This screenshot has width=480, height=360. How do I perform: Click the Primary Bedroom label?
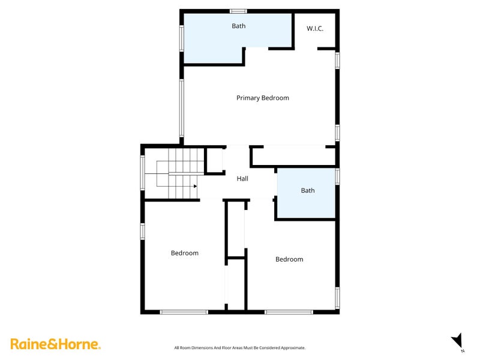click(262, 98)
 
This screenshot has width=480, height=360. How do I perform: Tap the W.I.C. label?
click(315, 28)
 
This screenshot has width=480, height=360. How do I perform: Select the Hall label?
click(242, 178)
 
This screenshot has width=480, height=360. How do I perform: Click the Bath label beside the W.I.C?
click(238, 26)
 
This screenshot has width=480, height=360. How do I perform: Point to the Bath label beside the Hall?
click(307, 190)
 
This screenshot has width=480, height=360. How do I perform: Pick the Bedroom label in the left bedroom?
click(184, 253)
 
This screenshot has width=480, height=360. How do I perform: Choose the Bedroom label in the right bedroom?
click(289, 259)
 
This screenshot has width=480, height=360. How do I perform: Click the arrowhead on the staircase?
click(196, 186)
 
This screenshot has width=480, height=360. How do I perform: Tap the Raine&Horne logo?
click(55, 344)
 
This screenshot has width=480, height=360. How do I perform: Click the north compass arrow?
click(457, 340)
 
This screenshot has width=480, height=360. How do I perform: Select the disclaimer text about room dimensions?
click(239, 347)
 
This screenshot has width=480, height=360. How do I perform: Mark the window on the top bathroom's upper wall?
click(238, 10)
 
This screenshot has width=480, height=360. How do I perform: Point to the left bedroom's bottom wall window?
click(184, 311)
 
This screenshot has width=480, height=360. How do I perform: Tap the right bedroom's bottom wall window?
click(289, 311)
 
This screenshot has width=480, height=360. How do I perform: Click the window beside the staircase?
click(143, 173)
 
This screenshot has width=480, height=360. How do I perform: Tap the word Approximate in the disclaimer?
click(292, 347)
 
